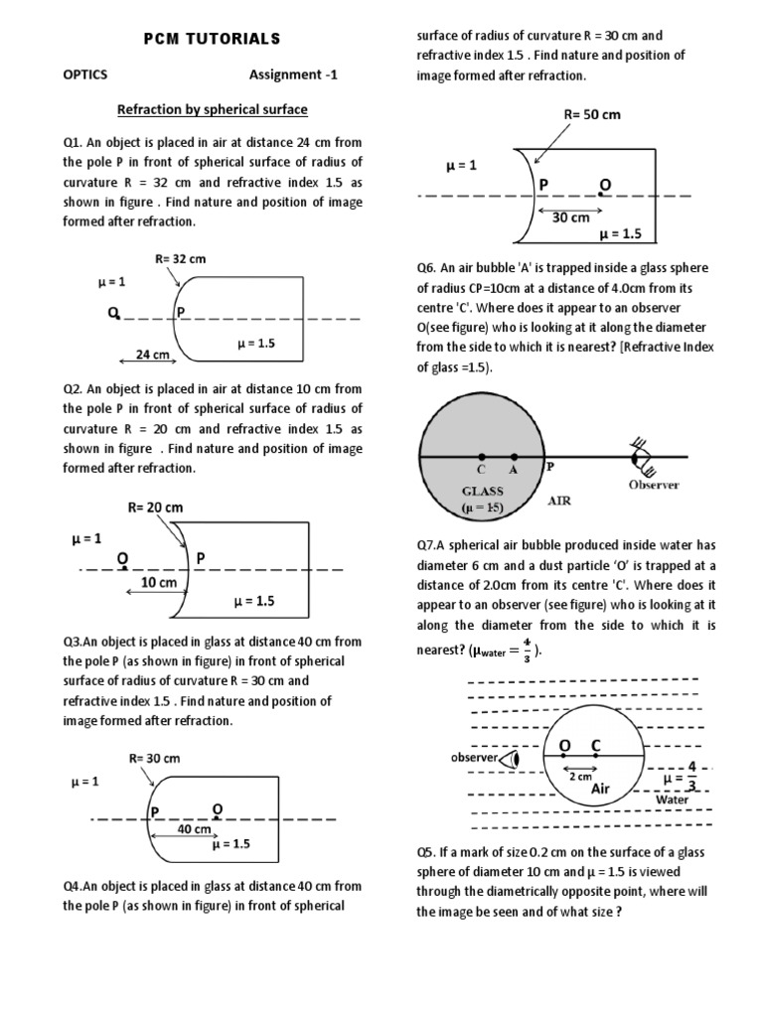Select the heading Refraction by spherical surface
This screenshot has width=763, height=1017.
pyautogui.click(x=213, y=108)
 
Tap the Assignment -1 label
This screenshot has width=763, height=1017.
pyautogui.click(x=293, y=74)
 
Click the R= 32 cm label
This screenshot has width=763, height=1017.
pyautogui.click(x=180, y=259)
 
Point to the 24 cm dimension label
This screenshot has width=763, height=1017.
pyautogui.click(x=152, y=354)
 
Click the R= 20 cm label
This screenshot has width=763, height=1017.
pyautogui.click(x=155, y=508)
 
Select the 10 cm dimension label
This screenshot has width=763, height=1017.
pyautogui.click(x=158, y=583)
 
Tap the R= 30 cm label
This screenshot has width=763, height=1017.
pyautogui.click(x=154, y=758)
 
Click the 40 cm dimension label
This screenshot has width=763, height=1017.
pyautogui.click(x=194, y=828)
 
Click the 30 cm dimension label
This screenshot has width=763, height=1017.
pyautogui.click(x=571, y=218)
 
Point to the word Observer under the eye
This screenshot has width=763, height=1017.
pyautogui.click(x=653, y=485)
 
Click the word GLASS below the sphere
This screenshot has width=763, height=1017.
pyautogui.click(x=482, y=491)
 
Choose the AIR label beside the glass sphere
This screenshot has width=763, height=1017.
pyautogui.click(x=560, y=502)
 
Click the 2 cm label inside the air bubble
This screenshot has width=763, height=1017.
pyautogui.click(x=580, y=777)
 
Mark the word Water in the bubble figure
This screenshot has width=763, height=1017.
pyautogui.click(x=672, y=799)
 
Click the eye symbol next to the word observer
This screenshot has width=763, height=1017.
pyautogui.click(x=513, y=760)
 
